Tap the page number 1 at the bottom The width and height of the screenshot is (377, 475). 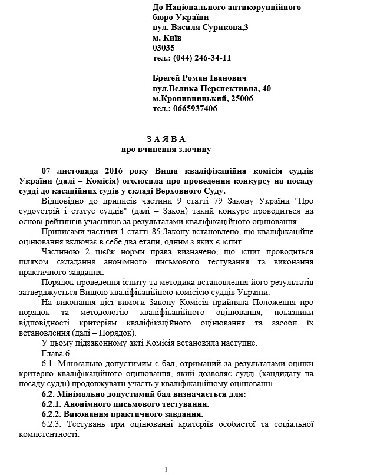tap(167, 469)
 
